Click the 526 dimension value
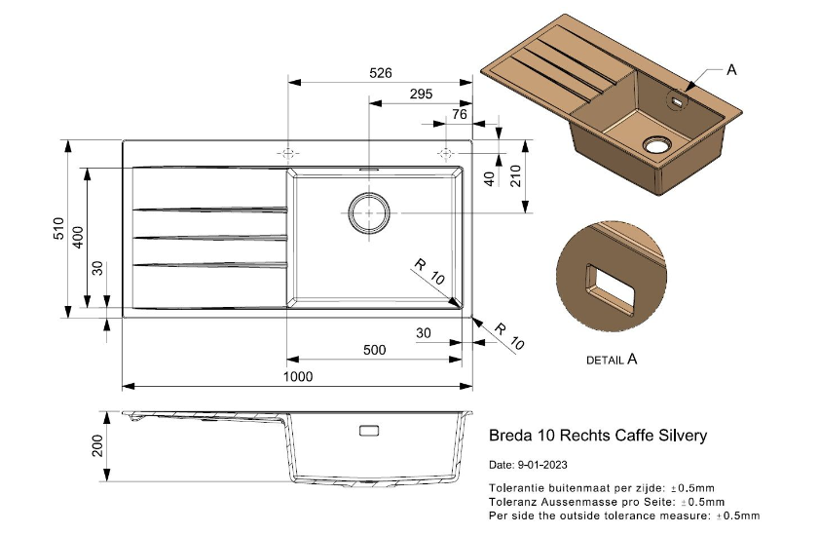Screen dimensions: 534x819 point(381,72)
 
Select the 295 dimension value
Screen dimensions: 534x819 point(420,95)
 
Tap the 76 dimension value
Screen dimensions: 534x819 point(460,115)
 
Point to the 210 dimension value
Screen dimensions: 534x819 point(516,176)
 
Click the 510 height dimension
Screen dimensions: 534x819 point(58,230)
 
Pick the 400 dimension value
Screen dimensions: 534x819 point(78,237)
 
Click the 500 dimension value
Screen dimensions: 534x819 point(374,350)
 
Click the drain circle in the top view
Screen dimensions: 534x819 point(369,211)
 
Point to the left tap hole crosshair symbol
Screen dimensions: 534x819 point(288,154)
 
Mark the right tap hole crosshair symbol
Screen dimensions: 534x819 point(446,154)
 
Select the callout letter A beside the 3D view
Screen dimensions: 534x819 point(732,69)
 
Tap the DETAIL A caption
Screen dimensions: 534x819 point(612,360)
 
